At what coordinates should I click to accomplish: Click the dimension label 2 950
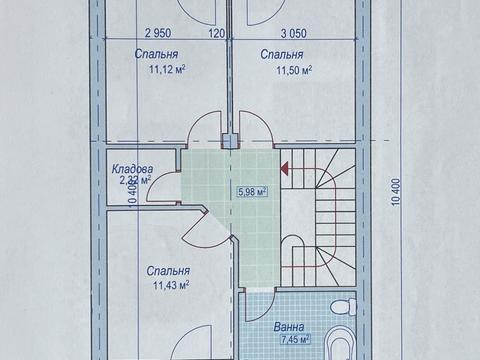[x=158, y=33]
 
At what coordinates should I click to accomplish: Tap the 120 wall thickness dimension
[x=216, y=33]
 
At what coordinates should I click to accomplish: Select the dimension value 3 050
[x=293, y=33]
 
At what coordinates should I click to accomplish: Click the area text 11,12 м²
[x=167, y=69]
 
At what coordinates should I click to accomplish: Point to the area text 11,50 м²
[x=294, y=70]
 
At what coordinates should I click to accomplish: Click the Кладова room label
[x=132, y=169]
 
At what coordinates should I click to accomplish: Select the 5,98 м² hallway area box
[x=252, y=192]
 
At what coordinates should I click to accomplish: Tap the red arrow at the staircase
[x=284, y=168]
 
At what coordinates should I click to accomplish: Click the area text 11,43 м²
[x=171, y=285]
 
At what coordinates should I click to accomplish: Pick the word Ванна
[x=289, y=327]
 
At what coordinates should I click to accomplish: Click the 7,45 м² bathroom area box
[x=296, y=340]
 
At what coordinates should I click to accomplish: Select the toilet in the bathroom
[x=342, y=306]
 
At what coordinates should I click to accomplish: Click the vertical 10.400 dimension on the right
[x=396, y=192]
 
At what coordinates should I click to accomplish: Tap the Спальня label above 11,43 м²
[x=168, y=271]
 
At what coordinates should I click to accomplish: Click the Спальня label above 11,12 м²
[x=156, y=54]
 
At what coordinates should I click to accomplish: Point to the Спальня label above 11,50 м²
[x=282, y=54]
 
